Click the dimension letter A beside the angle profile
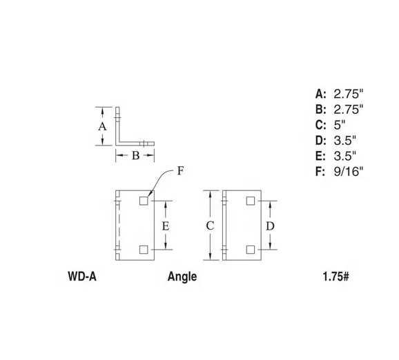tap(102, 127)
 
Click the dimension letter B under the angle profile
tap(136, 155)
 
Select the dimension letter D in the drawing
tap(270, 225)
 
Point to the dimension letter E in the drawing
tap(165, 226)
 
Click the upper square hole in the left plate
tap(144, 201)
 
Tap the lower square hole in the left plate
tap(144, 249)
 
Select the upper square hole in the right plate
tap(249, 201)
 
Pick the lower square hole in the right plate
tap(249, 249)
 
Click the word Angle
tap(182, 277)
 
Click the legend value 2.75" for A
tap(348, 93)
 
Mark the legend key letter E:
tap(320, 156)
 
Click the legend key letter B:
tap(320, 109)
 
